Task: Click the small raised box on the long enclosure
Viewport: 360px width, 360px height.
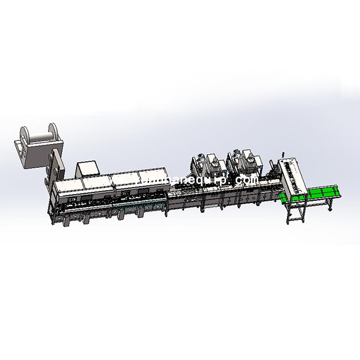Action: click(x=87, y=168)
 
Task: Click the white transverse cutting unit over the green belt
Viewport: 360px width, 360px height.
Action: click(x=291, y=174)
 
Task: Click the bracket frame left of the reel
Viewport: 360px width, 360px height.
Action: click(x=20, y=152)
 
